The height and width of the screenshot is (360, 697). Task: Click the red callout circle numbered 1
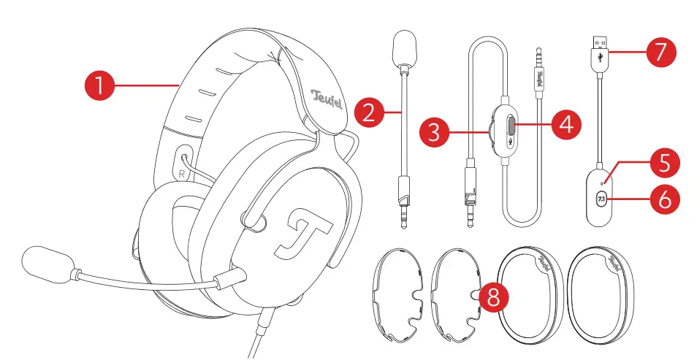(99, 85)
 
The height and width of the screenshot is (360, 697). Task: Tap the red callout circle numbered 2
(370, 112)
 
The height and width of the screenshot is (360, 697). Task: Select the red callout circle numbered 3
(435, 131)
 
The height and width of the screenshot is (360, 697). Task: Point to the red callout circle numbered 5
(662, 162)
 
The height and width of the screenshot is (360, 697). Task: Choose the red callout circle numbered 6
(662, 199)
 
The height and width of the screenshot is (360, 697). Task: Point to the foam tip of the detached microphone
(404, 47)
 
